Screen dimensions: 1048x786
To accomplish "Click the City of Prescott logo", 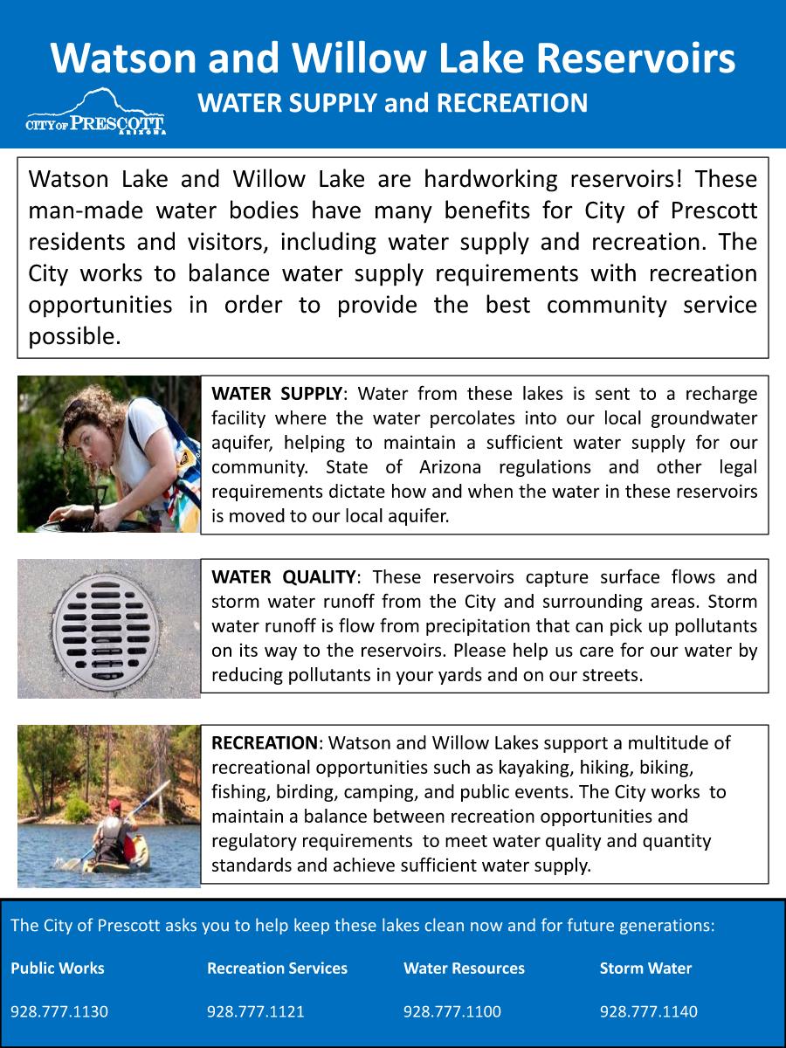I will point(96,114).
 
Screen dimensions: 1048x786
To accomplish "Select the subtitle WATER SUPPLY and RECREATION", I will point(393,103).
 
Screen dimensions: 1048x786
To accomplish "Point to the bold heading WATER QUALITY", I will point(284,577).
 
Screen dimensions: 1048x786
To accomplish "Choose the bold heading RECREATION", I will point(265,743).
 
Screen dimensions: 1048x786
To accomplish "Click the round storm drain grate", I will point(108,627).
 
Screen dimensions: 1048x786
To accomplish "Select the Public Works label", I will point(58,968).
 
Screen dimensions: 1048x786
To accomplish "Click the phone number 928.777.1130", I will point(59,1012).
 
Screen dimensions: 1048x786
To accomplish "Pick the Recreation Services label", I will point(277,968).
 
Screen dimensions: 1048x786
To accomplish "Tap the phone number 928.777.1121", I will point(256,1012).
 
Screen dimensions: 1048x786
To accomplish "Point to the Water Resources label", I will point(464,968).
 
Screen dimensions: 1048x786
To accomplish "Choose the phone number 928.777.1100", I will point(452,1012).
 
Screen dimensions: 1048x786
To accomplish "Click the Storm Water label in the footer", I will point(645,968).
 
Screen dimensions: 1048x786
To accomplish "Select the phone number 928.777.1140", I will point(649,1012).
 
